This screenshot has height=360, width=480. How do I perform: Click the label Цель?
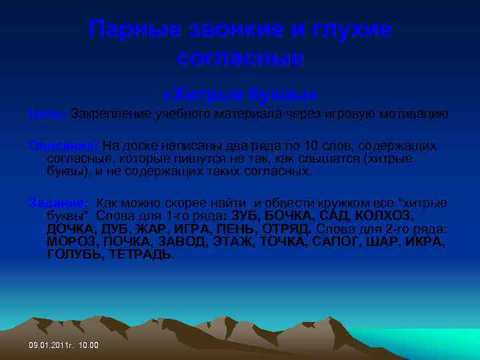pyautogui.click(x=47, y=114)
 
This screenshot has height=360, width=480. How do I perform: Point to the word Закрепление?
pyautogui.click(x=110, y=114)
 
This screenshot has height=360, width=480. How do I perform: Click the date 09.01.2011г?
pyautogui.click(x=51, y=345)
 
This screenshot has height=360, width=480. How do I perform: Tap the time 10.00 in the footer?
pyautogui.click(x=89, y=345)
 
